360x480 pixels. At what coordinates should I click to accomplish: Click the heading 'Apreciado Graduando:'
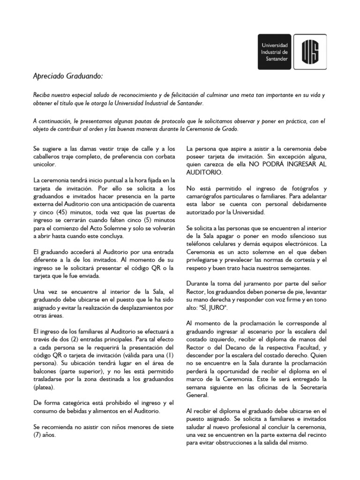tap(67, 76)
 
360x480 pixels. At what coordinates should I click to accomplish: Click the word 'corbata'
tap(164, 156)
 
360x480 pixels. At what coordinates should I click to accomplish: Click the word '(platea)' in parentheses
tap(44, 388)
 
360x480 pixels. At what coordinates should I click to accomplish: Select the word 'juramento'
tap(250, 284)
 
